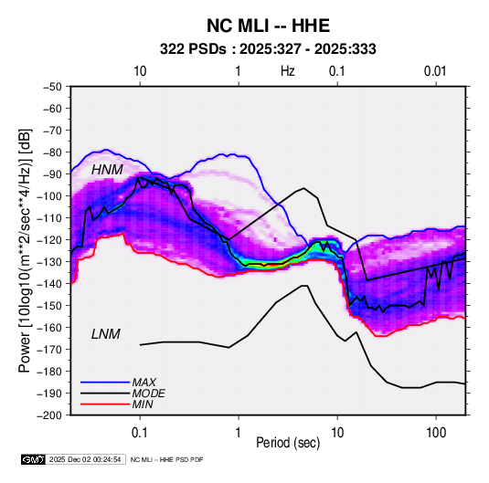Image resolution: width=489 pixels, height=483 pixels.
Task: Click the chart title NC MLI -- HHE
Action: (x=268, y=26)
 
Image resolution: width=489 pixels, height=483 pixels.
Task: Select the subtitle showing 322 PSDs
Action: (x=268, y=49)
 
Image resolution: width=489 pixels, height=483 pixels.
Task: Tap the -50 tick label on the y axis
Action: (x=52, y=87)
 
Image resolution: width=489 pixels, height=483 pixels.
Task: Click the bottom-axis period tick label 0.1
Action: (x=140, y=433)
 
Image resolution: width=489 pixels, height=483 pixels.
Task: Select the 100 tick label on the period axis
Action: (x=436, y=433)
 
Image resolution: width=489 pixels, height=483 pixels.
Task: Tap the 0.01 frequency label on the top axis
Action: (x=435, y=71)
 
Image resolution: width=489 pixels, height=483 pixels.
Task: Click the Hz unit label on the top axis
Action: (x=288, y=71)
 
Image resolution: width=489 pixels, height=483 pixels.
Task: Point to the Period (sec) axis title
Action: (x=288, y=443)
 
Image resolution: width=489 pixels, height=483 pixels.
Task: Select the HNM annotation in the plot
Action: (x=107, y=170)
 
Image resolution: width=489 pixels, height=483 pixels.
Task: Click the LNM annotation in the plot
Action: (x=106, y=334)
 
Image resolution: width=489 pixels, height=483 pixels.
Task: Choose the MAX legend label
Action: (x=144, y=382)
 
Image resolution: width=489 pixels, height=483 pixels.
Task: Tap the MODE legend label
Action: (x=148, y=394)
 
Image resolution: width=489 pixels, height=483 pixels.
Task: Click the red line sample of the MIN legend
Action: (x=105, y=404)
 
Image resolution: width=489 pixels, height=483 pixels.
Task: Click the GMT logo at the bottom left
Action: (x=33, y=459)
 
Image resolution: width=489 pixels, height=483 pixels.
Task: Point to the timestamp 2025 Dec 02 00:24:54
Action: (x=85, y=459)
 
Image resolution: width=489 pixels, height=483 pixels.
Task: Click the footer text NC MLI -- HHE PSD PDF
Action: (x=167, y=459)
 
